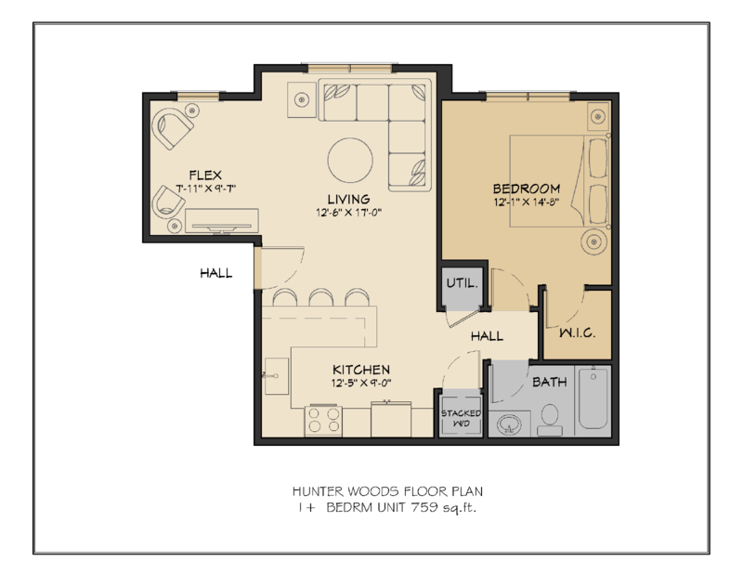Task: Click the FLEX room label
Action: click(x=203, y=175)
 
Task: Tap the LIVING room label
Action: click(x=348, y=199)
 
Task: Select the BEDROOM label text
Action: click(x=526, y=187)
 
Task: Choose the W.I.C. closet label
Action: click(x=576, y=333)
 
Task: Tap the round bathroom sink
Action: click(x=508, y=424)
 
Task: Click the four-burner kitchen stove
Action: click(x=322, y=420)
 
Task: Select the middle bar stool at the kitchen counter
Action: click(x=321, y=297)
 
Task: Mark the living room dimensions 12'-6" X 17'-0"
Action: click(x=348, y=213)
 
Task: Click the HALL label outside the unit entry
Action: click(x=215, y=273)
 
